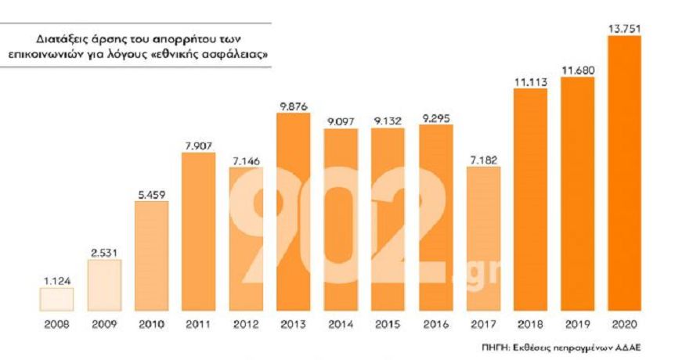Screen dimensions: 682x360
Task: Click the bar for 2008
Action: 56,299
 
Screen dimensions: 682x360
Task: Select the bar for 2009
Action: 104,285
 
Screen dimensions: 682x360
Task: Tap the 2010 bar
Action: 151,256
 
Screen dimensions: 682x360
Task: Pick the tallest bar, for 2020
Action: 625,173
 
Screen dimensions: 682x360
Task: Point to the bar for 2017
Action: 483,239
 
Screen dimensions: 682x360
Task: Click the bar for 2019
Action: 578,194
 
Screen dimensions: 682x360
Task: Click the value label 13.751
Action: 625,29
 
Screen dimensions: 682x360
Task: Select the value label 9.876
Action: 294,106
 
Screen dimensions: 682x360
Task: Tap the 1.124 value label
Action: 57,281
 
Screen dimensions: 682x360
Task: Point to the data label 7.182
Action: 483,160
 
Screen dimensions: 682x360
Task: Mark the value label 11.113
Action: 531,82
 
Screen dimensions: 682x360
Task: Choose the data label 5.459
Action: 152,195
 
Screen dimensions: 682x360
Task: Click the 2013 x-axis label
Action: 293,324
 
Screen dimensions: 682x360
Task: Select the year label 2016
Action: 436,324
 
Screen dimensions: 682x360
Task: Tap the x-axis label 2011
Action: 198,324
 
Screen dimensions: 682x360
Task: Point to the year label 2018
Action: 531,324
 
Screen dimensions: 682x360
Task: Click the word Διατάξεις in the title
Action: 57,40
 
